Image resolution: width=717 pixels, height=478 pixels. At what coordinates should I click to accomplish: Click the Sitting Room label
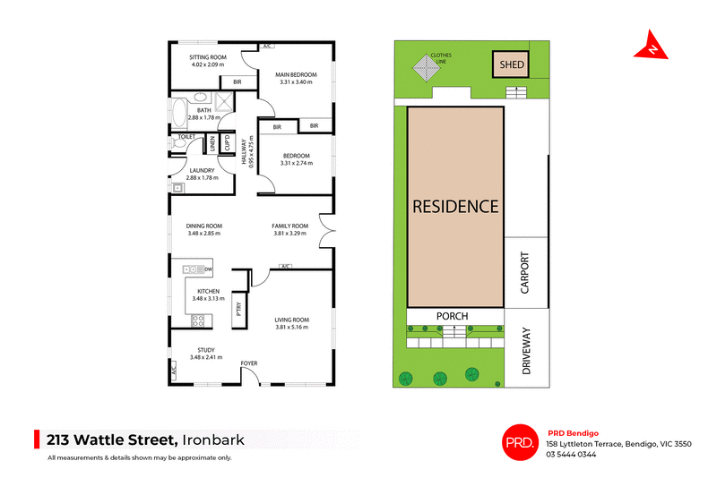coord(208,57)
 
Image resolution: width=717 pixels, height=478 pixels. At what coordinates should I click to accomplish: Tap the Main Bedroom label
coord(296,75)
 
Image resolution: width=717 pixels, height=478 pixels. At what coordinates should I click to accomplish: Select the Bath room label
coord(204,110)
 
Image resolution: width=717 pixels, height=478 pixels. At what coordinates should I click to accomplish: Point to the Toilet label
coord(186,137)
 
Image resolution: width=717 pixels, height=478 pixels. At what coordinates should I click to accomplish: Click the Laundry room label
coord(203,170)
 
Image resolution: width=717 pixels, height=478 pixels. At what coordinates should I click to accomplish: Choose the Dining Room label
coord(203,226)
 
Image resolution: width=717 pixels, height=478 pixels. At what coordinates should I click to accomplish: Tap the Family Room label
coord(290,226)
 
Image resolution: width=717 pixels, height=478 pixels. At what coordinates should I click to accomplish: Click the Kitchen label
coord(208,291)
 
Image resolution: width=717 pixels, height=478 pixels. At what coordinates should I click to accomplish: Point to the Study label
coord(205,350)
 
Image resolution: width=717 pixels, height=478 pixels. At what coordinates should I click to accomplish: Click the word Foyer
coord(248,363)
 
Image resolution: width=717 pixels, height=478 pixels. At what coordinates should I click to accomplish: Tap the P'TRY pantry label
coord(238,308)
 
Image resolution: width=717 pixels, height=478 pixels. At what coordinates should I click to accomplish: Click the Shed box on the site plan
coord(512,64)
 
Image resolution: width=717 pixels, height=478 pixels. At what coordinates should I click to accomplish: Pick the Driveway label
coord(526,355)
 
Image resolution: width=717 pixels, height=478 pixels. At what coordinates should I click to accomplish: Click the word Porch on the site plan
coord(453,316)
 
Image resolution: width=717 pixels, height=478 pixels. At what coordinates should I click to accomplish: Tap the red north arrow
coord(652,47)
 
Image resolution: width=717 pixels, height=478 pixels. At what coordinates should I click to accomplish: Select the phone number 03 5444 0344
coord(571,454)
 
